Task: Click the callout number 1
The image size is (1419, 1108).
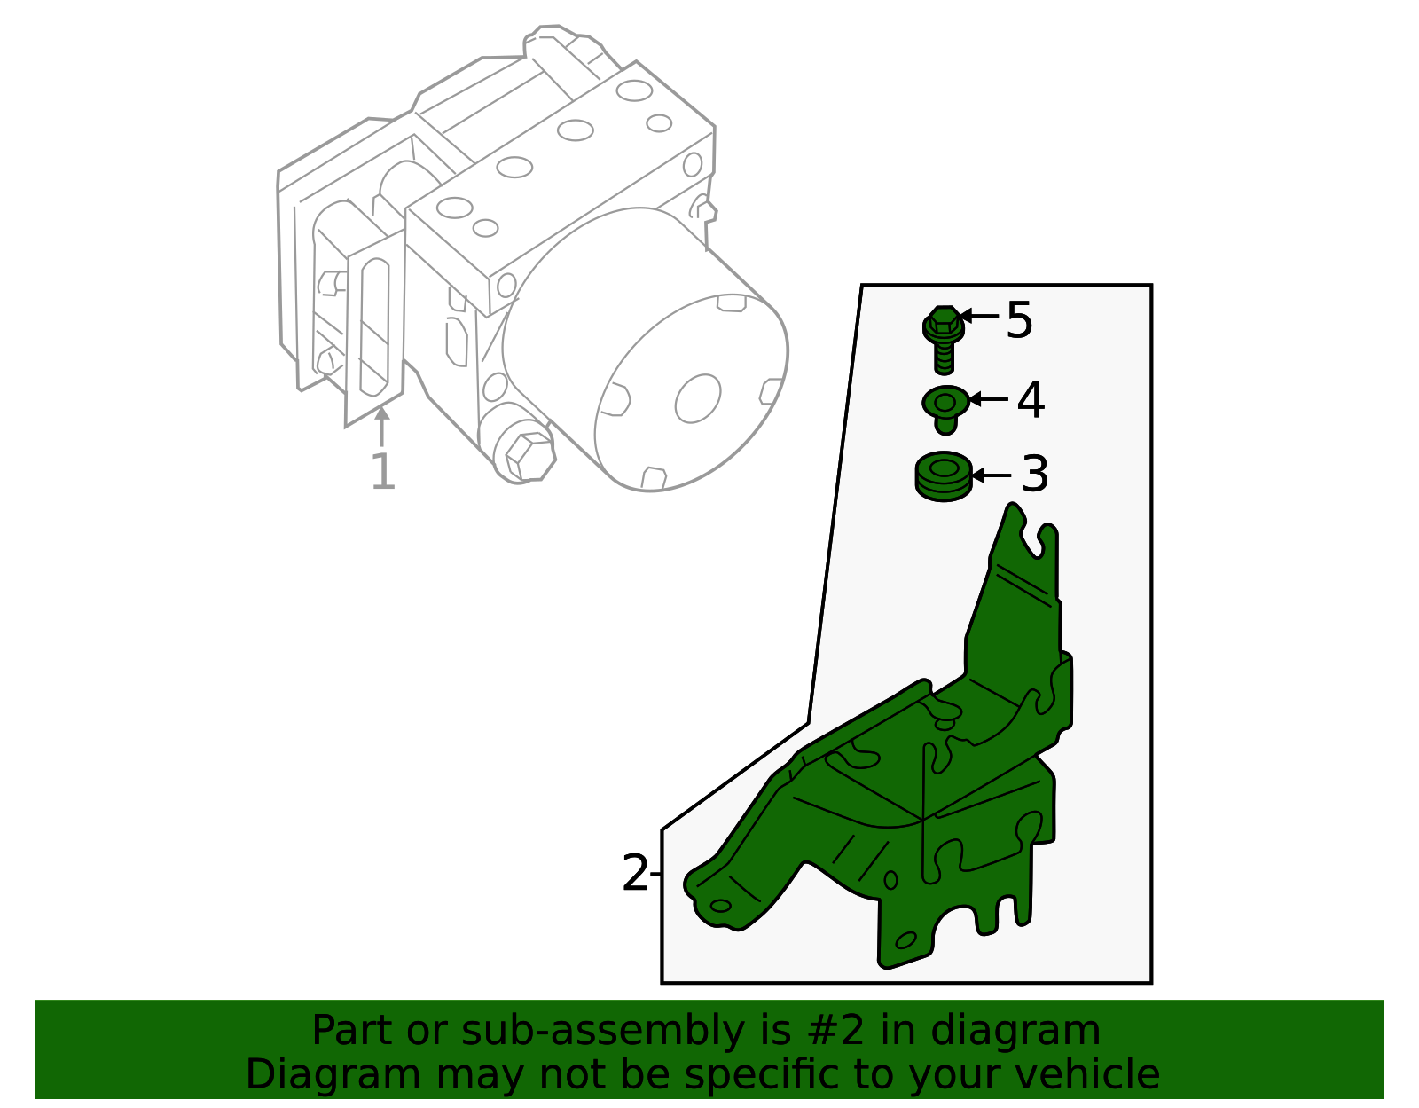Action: (x=382, y=472)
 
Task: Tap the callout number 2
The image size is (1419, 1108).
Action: (x=635, y=874)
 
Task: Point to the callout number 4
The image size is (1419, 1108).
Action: (x=1031, y=400)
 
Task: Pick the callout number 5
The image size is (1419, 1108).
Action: (x=1020, y=319)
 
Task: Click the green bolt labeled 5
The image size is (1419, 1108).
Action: (x=944, y=338)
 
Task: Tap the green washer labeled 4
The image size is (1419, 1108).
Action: (x=945, y=407)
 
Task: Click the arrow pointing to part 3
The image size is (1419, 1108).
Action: (x=992, y=475)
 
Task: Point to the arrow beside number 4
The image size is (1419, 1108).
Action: (x=988, y=399)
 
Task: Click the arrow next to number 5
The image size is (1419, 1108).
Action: (x=979, y=315)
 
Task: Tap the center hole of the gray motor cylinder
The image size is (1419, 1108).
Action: (x=698, y=398)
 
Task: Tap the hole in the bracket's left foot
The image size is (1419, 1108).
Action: (x=721, y=906)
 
